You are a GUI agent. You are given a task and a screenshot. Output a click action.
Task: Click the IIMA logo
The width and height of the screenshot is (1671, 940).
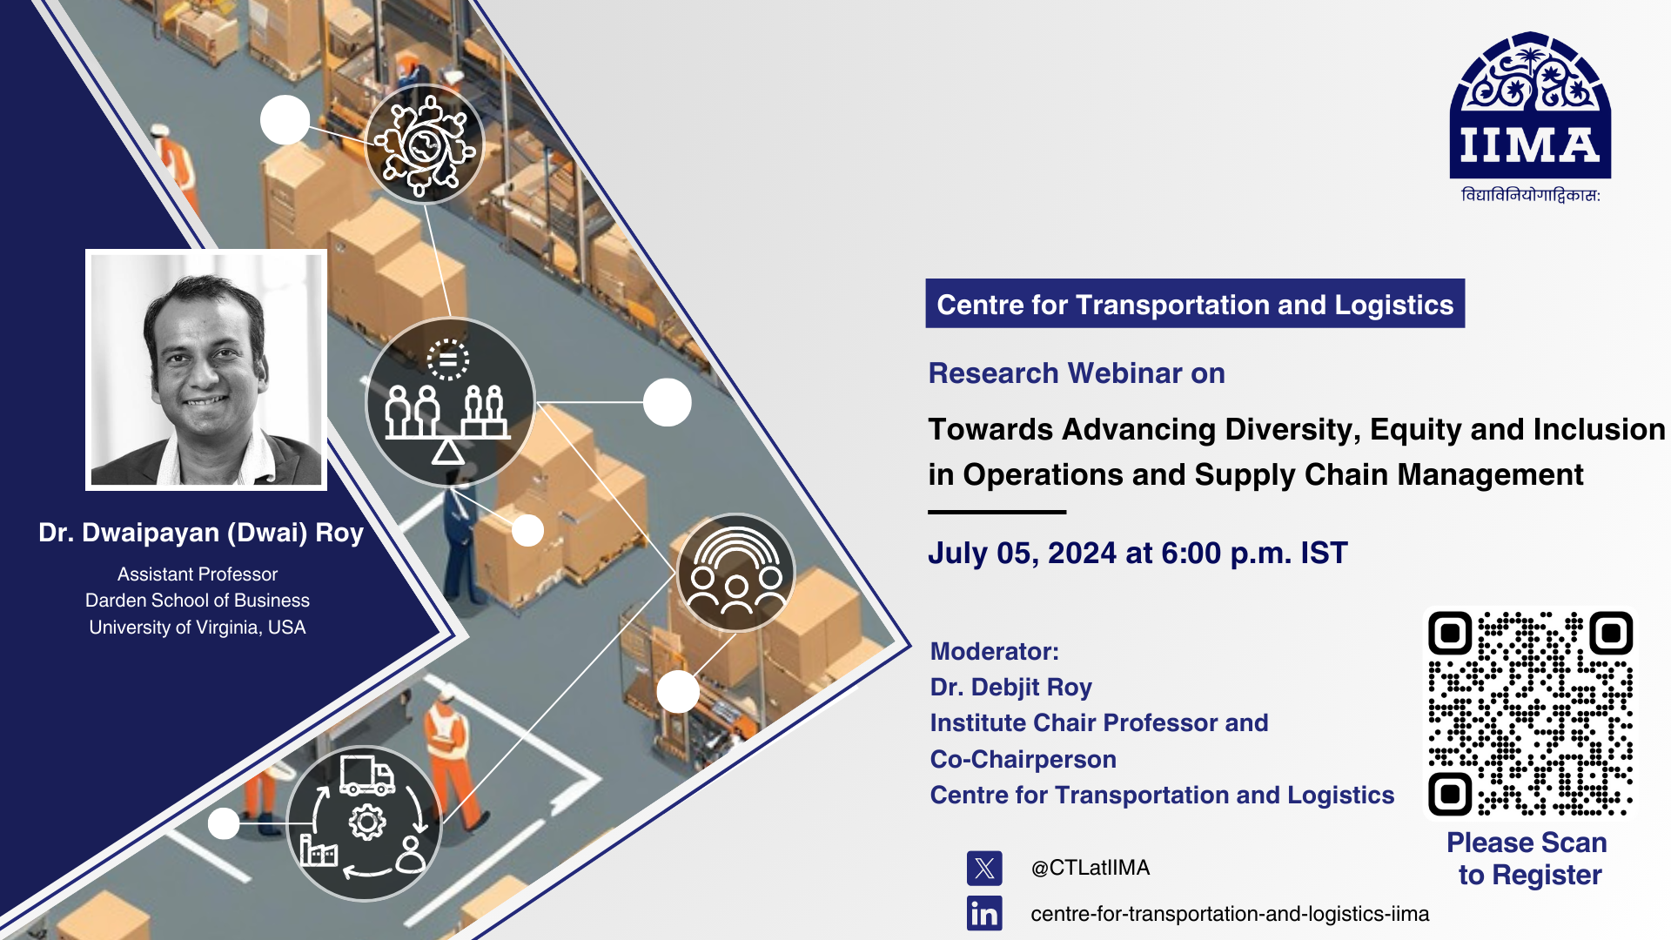tap(1530, 117)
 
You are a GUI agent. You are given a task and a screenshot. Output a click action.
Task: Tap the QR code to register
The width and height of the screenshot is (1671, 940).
tap(1530, 713)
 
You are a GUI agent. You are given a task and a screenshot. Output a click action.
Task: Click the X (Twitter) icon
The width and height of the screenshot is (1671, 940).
tap(984, 868)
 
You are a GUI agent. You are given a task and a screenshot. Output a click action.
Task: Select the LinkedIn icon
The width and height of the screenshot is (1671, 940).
tap(984, 914)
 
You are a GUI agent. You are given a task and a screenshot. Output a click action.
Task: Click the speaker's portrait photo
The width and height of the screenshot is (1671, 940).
tap(206, 370)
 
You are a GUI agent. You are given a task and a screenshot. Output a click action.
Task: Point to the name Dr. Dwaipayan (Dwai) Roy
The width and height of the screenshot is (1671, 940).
tap(201, 533)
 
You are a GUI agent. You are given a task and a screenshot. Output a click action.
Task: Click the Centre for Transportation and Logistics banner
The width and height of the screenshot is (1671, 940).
tap(1195, 304)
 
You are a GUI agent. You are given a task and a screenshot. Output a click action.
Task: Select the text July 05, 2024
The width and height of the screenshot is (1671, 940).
tap(1023, 554)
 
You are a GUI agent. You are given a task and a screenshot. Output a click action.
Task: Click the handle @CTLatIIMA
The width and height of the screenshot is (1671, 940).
tap(1091, 868)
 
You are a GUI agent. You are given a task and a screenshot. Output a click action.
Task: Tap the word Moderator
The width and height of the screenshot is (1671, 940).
tap(991, 651)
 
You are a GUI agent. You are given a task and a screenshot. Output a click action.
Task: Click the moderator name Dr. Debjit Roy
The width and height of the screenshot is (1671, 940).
tap(1011, 687)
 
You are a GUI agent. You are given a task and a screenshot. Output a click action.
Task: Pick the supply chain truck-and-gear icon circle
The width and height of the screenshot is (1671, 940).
tap(364, 823)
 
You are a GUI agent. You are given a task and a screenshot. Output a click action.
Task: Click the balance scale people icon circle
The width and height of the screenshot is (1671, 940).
tap(449, 402)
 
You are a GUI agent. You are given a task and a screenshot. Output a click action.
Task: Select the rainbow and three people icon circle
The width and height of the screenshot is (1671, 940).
tap(736, 573)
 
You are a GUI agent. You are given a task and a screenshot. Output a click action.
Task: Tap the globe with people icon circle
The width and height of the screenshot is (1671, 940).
tap(425, 144)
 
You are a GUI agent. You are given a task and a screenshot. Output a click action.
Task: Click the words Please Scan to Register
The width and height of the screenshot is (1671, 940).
tap(1528, 858)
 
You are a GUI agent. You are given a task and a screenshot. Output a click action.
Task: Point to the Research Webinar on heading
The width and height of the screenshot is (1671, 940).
tap(1077, 373)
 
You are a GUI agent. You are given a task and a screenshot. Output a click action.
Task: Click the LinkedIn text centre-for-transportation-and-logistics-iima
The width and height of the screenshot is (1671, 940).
tap(1230, 914)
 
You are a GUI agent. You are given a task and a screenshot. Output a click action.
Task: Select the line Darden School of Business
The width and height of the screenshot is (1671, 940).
tap(198, 601)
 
